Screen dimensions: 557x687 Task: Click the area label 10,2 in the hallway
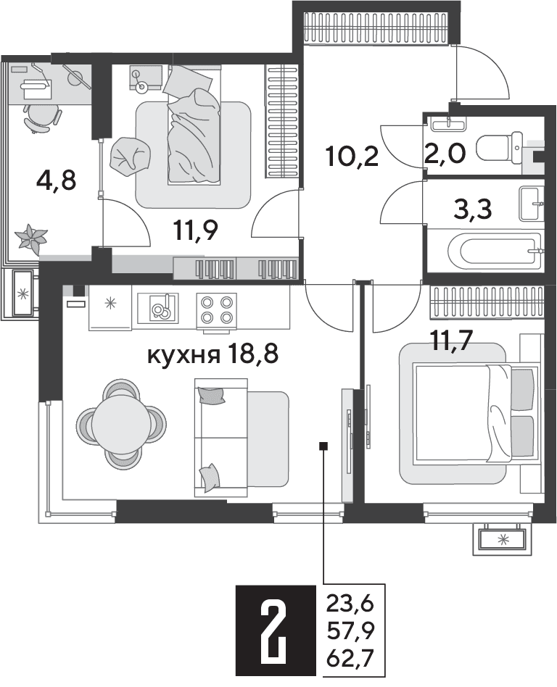coord(352,156)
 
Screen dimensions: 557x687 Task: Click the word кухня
coord(183,356)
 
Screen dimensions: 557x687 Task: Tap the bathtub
coord(495,253)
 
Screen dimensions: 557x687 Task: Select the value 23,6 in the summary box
coord(349,605)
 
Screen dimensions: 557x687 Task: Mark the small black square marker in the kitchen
coord(323,446)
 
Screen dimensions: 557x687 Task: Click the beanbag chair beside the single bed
coord(131,154)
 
